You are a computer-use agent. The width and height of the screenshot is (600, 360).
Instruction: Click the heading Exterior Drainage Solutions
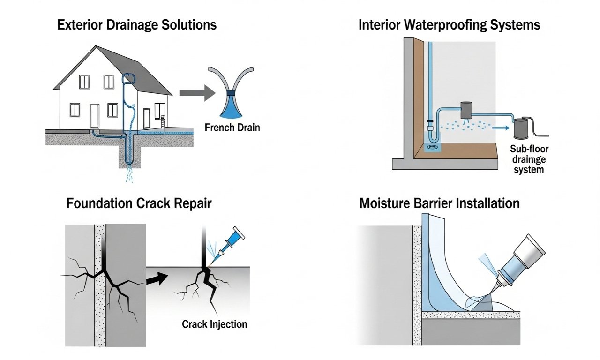pyautogui.click(x=137, y=25)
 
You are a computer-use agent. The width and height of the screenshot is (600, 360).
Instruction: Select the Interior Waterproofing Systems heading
pyautogui.click(x=449, y=25)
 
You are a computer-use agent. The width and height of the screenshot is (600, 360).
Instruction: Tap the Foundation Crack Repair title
pyautogui.click(x=139, y=204)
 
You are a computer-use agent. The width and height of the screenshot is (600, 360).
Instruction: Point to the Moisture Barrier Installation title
pyautogui.click(x=439, y=203)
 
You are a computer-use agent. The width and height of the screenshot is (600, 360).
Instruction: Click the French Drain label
pyautogui.click(x=232, y=127)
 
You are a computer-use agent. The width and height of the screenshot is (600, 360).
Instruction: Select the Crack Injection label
pyautogui.click(x=214, y=324)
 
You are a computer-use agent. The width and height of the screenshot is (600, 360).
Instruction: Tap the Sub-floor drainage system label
pyautogui.click(x=529, y=159)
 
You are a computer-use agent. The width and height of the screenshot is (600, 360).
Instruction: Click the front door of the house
pyautogui.click(x=95, y=116)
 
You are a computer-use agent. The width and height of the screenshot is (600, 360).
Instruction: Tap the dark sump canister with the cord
pyautogui.click(x=521, y=129)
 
